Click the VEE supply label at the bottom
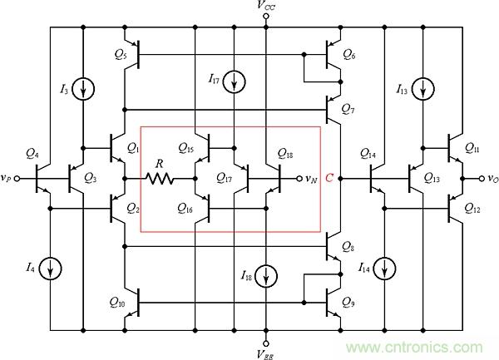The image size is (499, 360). [x=266, y=352]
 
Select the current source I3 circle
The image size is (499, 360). [x=83, y=88]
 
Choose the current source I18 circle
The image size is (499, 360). [x=266, y=275]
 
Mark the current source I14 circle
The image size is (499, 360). [x=386, y=268]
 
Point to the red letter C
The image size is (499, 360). [x=331, y=178]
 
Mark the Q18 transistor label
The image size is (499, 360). [x=284, y=155]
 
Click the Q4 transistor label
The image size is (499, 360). [x=32, y=154]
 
